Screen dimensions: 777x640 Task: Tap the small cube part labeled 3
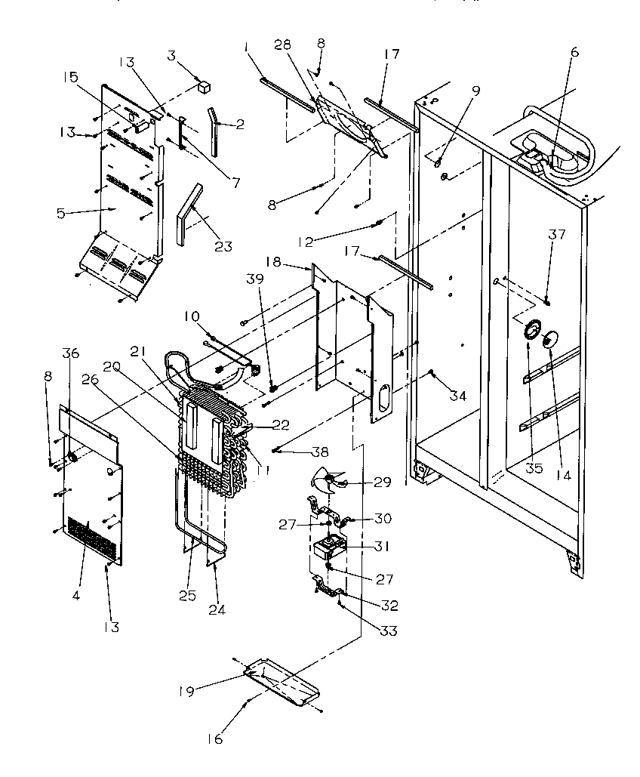[x=202, y=86]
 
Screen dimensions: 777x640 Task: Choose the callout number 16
[x=215, y=739]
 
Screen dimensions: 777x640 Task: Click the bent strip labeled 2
[x=214, y=130]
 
